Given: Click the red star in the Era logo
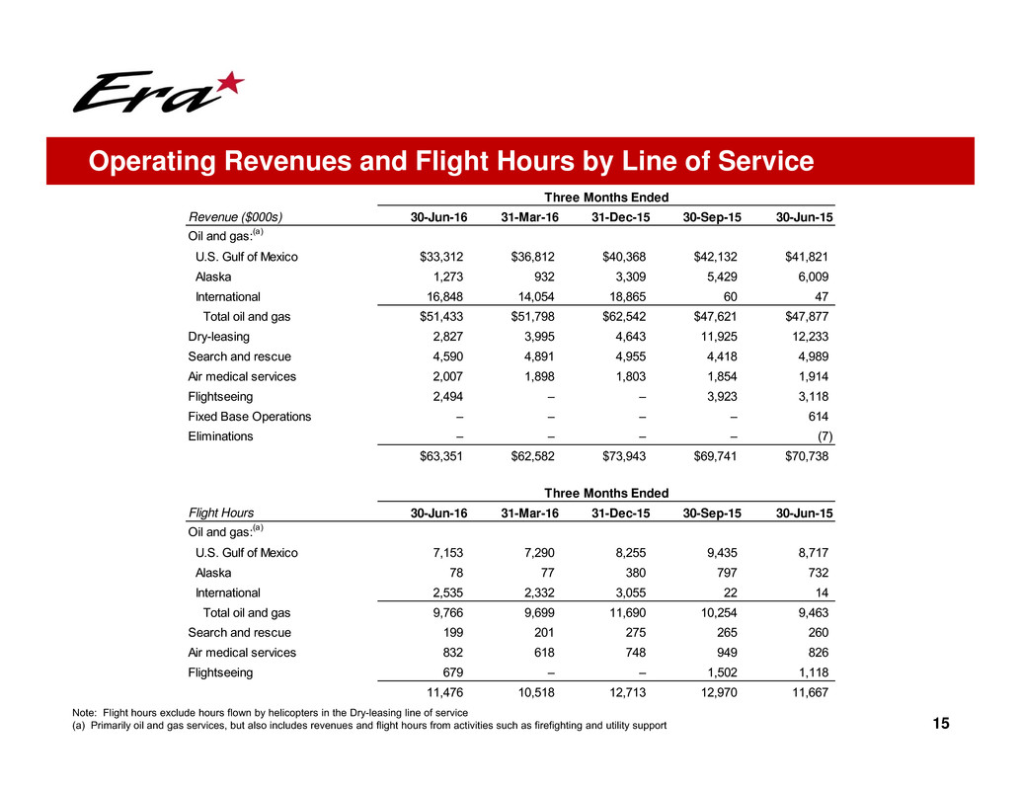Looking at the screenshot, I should tap(228, 85).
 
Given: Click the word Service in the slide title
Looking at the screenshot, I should tap(755, 161).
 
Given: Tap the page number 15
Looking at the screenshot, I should tap(940, 725).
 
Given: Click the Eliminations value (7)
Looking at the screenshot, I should tap(821, 436).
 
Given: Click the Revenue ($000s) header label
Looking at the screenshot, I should tap(242, 217).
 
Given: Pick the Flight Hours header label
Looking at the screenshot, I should tap(220, 513).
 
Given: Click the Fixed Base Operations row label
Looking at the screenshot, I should tap(249, 416).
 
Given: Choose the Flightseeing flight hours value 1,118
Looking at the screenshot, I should tap(814, 672).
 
